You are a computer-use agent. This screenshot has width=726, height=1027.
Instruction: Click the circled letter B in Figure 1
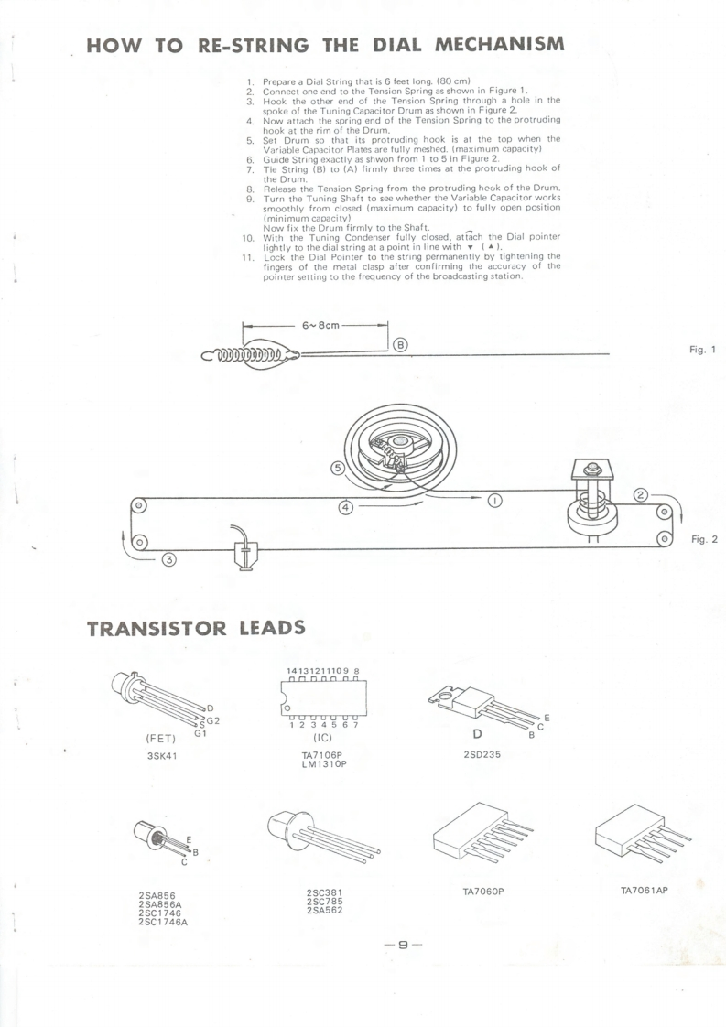[400, 345]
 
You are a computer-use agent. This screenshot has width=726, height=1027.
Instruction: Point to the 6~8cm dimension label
[316, 325]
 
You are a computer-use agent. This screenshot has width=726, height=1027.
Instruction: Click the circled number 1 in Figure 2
[494, 500]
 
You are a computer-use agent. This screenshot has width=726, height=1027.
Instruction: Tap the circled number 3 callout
[170, 559]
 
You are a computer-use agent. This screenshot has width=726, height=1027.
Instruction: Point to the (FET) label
[161, 738]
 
